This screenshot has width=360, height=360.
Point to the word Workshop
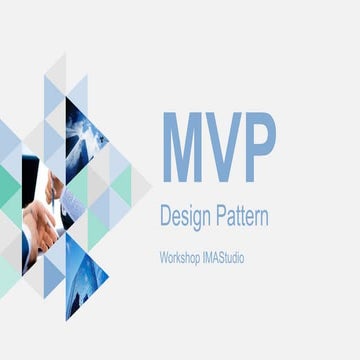pyautogui.click(x=181, y=258)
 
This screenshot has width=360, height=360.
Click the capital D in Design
pyautogui.click(x=166, y=214)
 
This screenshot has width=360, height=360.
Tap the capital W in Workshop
pyautogui.click(x=164, y=258)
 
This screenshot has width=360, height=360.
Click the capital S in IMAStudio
pyautogui.click(x=220, y=258)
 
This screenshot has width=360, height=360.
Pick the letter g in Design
pyautogui.click(x=195, y=217)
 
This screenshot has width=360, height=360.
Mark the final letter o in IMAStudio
pyautogui.click(x=242, y=259)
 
